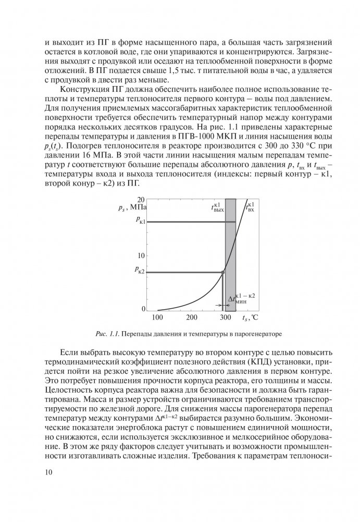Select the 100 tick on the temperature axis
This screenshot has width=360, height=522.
point(158,317)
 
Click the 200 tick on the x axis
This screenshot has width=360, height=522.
point(192,317)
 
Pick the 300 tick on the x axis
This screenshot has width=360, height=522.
point(225,317)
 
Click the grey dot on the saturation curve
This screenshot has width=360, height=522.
point(224,272)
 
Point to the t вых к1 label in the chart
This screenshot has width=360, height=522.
point(218,208)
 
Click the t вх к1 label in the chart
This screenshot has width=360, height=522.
point(250,208)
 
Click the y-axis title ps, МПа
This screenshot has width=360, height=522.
point(135,209)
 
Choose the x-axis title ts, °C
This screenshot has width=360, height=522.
point(250,317)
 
